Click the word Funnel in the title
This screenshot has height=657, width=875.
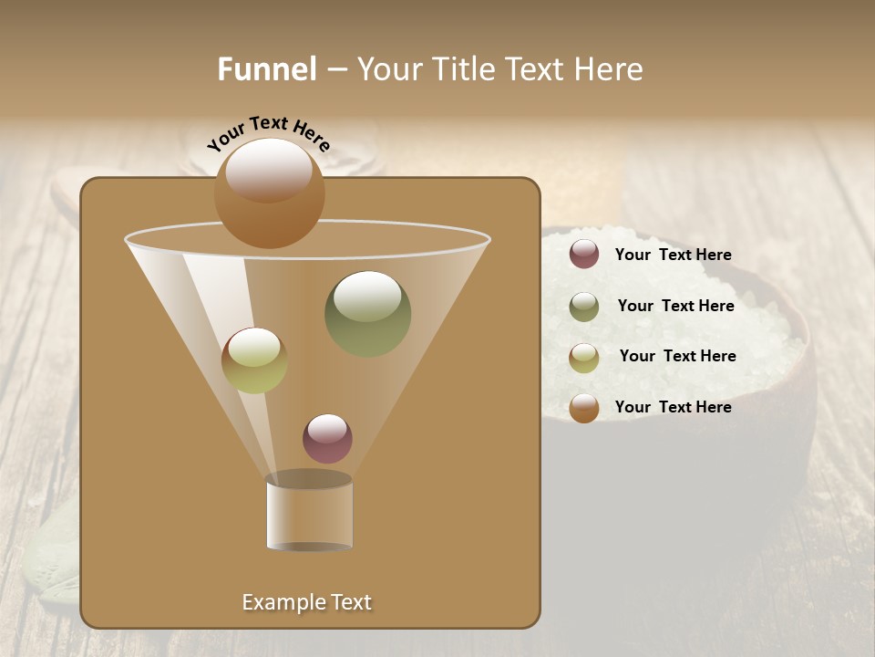tap(267, 68)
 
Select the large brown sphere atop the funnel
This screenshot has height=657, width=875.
tap(269, 193)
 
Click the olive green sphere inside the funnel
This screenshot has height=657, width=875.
tap(367, 314)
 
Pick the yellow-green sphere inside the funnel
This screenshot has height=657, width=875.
tap(254, 360)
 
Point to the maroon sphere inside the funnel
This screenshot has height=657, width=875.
tap(327, 438)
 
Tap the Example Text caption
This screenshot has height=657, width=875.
tap(306, 602)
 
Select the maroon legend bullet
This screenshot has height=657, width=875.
tap(583, 255)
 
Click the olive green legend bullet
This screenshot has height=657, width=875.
tap(583, 307)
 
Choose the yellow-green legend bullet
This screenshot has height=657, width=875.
tap(583, 357)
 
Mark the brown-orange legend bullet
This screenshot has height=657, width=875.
tap(583, 408)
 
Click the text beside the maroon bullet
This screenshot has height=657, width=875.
tap(673, 255)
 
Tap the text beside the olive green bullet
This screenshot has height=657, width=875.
tap(675, 307)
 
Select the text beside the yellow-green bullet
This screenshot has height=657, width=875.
tap(677, 357)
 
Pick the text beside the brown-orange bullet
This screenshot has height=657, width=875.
tap(673, 407)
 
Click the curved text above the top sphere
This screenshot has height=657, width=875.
tap(269, 131)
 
